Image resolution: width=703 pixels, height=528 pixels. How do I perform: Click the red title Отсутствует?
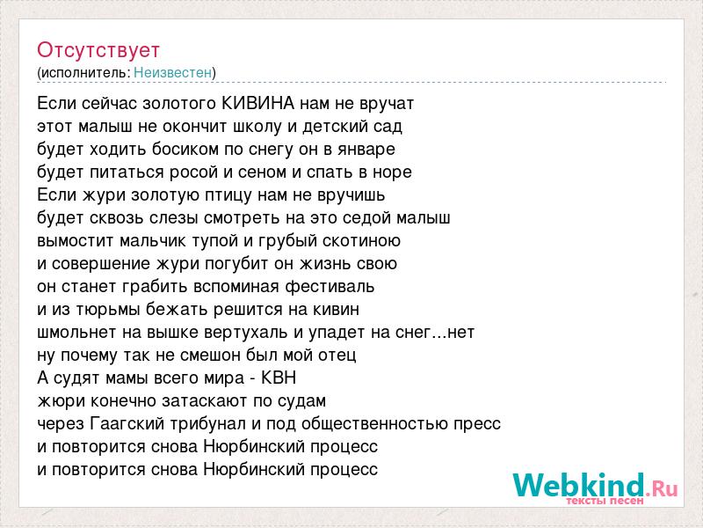(98, 50)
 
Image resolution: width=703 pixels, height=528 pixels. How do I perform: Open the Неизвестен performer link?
(172, 72)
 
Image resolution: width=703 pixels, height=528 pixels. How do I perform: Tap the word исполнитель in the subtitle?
(84, 73)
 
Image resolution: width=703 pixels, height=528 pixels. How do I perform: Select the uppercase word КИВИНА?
(258, 103)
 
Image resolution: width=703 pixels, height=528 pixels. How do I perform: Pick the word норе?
(392, 172)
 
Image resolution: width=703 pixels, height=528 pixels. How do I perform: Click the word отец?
(337, 356)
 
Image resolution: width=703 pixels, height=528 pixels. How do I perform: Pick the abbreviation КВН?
(279, 378)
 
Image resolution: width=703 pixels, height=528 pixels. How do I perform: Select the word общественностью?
(375, 424)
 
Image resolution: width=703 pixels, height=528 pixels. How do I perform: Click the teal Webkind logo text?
(579, 485)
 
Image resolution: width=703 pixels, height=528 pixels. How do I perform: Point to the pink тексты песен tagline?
(605, 501)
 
